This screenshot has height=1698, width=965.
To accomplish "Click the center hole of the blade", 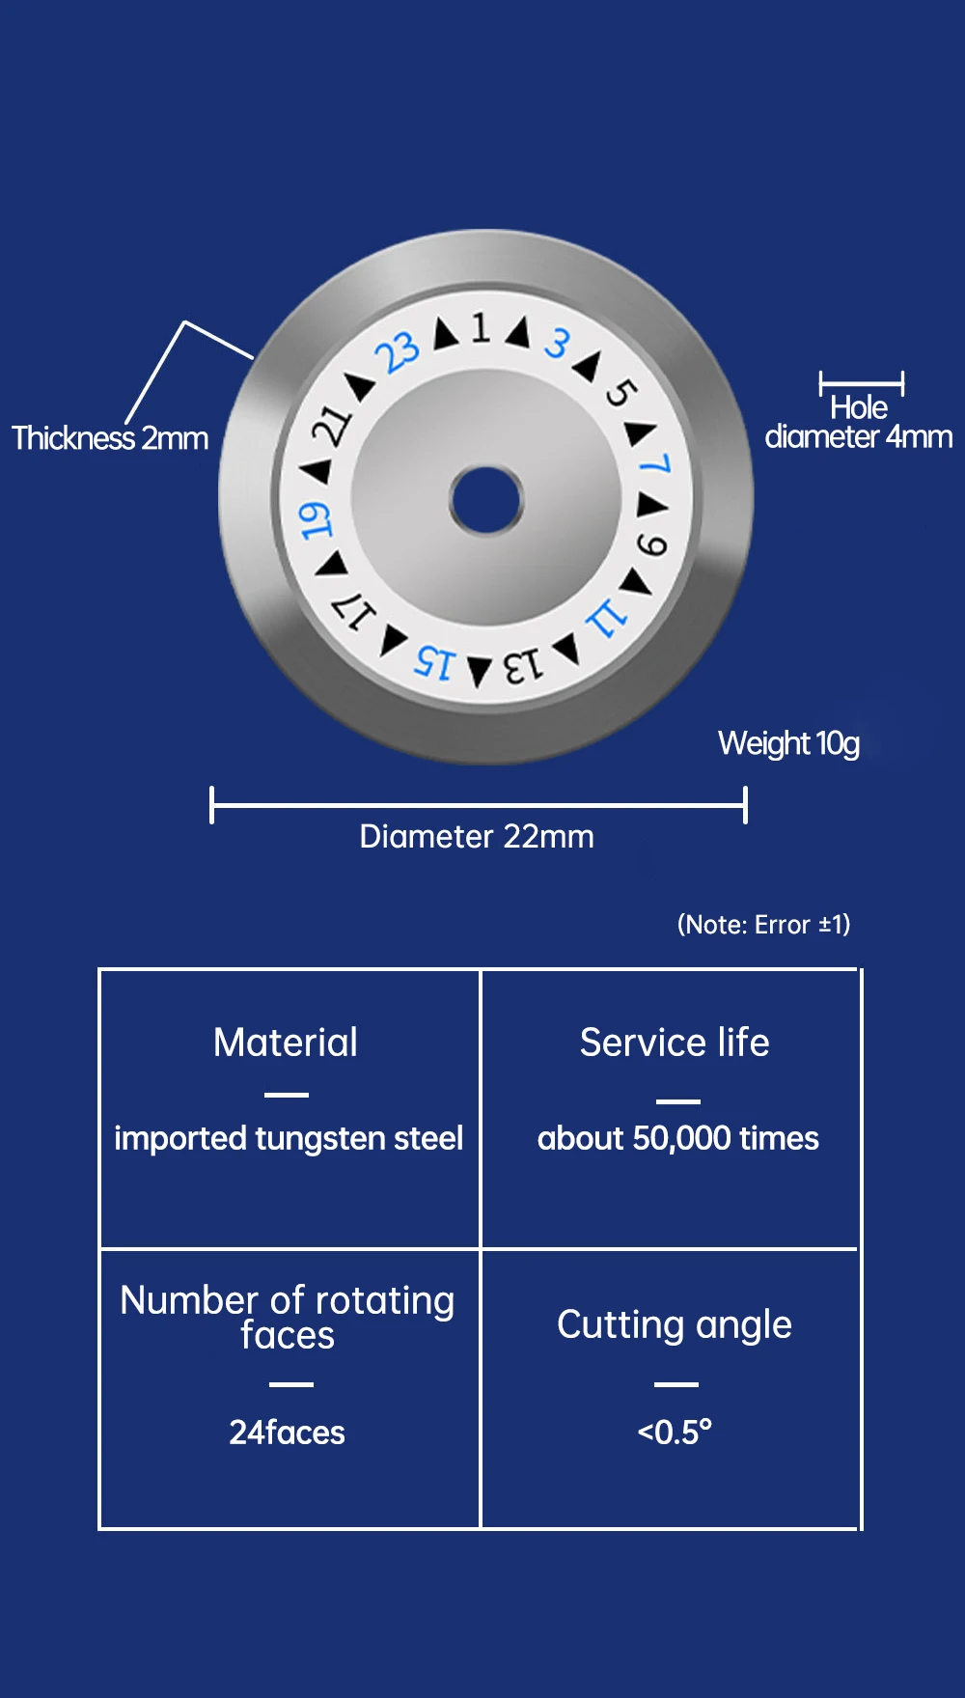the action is [486, 500].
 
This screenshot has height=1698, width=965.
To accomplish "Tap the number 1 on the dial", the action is [481, 328].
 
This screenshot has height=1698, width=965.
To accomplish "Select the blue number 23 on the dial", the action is [399, 352].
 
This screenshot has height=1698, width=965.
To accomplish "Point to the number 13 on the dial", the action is [523, 665].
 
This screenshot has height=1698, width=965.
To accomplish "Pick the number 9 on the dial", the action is [652, 545].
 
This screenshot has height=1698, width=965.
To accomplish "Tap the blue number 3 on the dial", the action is [557, 343].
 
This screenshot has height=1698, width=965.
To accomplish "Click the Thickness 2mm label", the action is [110, 438].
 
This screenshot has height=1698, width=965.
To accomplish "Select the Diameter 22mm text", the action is [477, 836].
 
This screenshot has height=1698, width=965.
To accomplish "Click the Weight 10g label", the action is [788, 743].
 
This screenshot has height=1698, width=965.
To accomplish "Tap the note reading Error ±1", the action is [764, 925].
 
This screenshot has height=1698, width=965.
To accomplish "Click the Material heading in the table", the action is [286, 1043].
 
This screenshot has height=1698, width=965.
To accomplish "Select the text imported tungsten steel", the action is [289, 1138].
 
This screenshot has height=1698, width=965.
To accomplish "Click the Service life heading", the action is [675, 1043].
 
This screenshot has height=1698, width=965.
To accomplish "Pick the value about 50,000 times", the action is [677, 1138].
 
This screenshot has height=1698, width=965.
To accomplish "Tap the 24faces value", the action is [287, 1432].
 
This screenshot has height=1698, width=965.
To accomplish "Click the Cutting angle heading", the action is [675, 1324].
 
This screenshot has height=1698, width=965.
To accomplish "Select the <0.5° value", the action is [675, 1432].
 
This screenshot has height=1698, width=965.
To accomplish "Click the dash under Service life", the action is [677, 1101].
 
